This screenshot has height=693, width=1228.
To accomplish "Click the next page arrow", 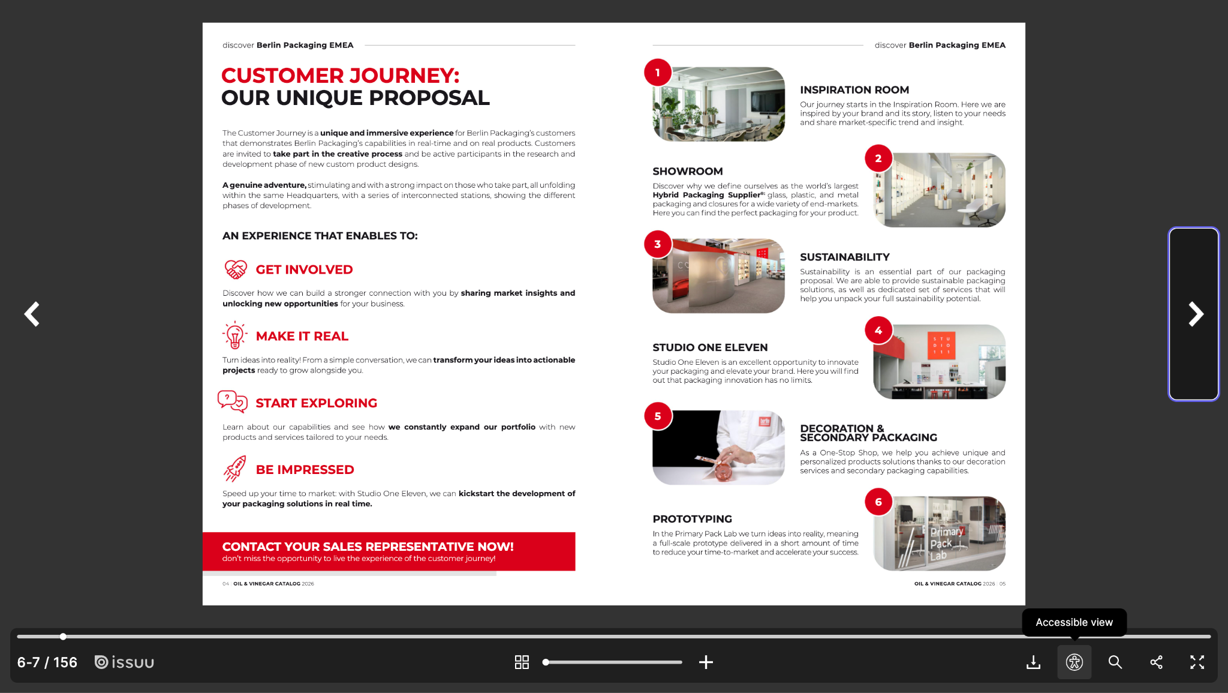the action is click(1196, 314).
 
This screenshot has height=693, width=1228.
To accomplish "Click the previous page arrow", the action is click(32, 314).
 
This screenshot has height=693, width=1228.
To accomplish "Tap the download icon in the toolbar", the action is click(1033, 662).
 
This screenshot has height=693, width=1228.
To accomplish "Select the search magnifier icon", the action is click(1115, 662).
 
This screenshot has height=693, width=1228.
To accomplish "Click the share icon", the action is click(1156, 662).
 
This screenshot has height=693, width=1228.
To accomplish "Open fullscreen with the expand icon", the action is click(1197, 662).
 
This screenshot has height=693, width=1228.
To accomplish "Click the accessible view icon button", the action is click(1074, 662).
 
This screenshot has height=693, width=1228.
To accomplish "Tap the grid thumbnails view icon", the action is click(522, 662).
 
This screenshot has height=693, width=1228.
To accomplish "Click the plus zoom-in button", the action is click(706, 662).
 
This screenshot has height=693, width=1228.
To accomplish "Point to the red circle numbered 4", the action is click(878, 330).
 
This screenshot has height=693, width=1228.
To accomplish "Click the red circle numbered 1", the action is click(658, 73).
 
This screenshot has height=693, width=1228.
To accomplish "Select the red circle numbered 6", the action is click(878, 502).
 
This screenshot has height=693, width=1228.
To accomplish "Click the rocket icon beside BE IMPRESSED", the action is click(235, 469).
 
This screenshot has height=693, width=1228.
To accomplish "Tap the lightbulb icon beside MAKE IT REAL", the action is click(235, 335).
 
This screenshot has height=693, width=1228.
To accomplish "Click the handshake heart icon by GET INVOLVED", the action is click(236, 269).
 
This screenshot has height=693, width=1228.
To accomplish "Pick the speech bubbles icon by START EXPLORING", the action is click(233, 401).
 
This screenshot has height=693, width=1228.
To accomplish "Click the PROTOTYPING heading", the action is click(692, 519).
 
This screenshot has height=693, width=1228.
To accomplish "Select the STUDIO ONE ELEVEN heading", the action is click(710, 347).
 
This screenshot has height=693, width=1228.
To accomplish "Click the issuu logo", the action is click(125, 662).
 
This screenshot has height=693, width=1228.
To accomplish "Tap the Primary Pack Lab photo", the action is click(940, 533).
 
